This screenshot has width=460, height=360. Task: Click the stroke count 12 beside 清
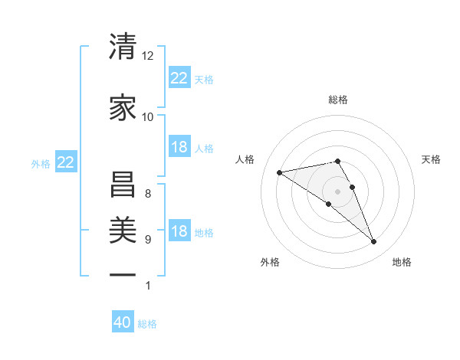(148, 57)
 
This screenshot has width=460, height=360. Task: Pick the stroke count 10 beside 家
(148, 117)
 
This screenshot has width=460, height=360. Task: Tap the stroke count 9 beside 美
(148, 240)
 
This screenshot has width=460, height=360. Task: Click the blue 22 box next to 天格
(179, 77)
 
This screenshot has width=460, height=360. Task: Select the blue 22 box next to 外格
(66, 162)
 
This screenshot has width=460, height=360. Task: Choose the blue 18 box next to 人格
(179, 147)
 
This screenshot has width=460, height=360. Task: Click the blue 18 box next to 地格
(179, 231)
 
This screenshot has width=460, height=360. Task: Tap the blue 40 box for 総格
(123, 323)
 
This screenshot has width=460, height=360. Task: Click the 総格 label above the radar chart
(338, 100)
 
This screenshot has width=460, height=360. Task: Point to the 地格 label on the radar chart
(402, 262)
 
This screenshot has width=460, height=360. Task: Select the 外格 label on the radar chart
(270, 262)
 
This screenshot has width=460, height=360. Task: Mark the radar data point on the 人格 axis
(280, 172)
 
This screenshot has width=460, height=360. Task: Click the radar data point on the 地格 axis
(374, 242)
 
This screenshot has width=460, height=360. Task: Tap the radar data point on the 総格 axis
(338, 161)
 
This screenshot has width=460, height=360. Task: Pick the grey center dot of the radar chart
(337, 191)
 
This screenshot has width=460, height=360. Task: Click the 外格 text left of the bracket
(41, 163)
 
